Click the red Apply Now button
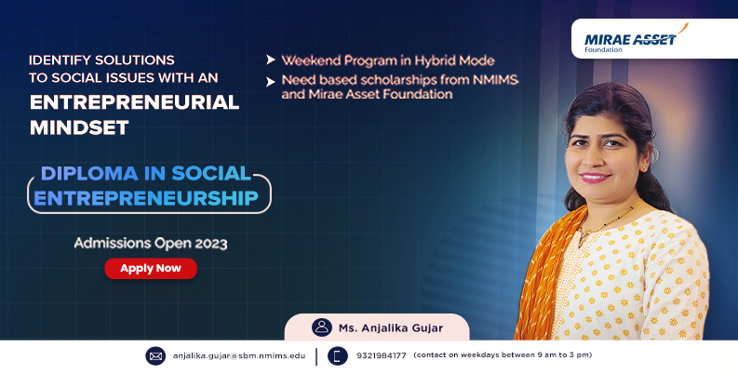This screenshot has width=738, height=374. pyautogui.click(x=151, y=268)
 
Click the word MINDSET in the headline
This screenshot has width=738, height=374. pyautogui.click(x=79, y=127)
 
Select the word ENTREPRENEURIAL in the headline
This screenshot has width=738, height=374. pyautogui.click(x=135, y=102)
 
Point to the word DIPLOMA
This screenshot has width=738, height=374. pyautogui.click(x=90, y=174)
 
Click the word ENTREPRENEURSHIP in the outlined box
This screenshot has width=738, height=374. pyautogui.click(x=146, y=198)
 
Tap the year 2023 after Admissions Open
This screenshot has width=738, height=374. pyautogui.click(x=211, y=244)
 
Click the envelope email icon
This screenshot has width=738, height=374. pyautogui.click(x=155, y=356)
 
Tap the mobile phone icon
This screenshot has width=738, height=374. pyautogui.click(x=338, y=356)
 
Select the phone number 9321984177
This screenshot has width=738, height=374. pyautogui.click(x=382, y=355)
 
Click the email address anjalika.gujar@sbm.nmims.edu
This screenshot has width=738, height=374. pyautogui.click(x=239, y=355)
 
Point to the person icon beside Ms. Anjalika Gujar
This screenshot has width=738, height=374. pyautogui.click(x=322, y=327)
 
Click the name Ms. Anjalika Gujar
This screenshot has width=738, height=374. pyautogui.click(x=391, y=327)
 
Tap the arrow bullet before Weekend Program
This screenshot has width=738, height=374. pyautogui.click(x=271, y=60)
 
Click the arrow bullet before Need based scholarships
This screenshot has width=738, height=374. pyautogui.click(x=271, y=82)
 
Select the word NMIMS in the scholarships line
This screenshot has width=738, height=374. pyautogui.click(x=495, y=80)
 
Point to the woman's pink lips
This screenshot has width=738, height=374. pyautogui.click(x=596, y=178)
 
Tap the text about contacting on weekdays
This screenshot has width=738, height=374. pyautogui.click(x=503, y=355)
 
